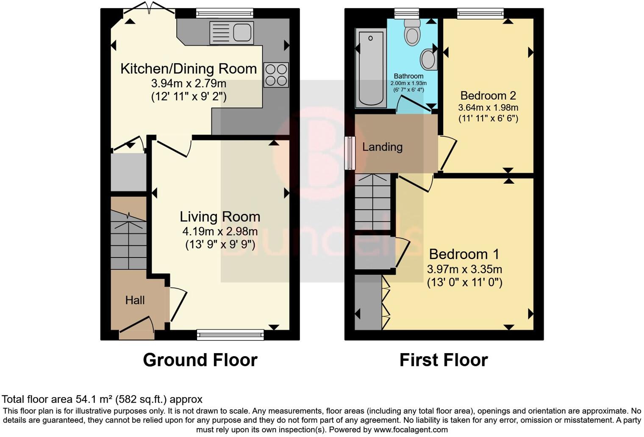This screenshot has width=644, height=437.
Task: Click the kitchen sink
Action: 231,33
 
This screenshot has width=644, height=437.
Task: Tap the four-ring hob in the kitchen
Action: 276,75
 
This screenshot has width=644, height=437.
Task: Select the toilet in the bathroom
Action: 412,32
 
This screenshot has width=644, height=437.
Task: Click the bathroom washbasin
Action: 429,59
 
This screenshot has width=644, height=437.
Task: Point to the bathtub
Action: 371,68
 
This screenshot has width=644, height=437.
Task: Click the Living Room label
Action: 220,217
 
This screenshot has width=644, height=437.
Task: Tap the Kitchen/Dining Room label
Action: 189,69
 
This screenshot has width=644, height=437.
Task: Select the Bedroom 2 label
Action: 488,96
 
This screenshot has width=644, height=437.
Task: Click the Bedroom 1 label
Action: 464,254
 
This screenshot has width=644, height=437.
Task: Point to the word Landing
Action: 382,147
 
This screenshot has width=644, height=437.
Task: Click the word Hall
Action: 135,300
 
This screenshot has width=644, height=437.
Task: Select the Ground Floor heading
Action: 200,360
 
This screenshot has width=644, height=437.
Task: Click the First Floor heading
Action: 444,360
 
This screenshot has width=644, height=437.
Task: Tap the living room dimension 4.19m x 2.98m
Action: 220,231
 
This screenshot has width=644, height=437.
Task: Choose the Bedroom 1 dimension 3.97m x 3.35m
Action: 464,269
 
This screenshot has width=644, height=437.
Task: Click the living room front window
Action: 230,335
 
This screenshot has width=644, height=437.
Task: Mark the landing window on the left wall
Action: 350,153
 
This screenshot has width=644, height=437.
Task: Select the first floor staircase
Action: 372,202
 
